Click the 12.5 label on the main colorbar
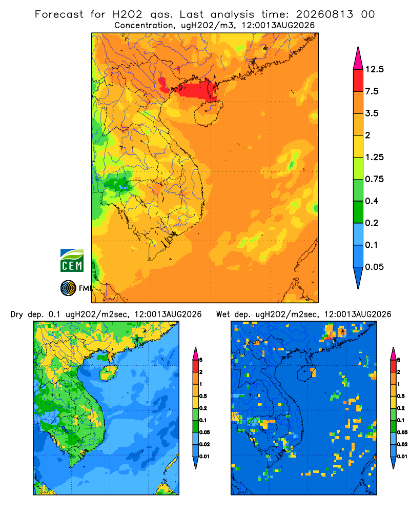coord(374,69)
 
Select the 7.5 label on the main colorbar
coord(372,91)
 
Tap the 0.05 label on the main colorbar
coord(374,267)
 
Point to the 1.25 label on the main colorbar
coord(374,157)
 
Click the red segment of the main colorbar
coord(358,81)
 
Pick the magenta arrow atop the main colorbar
coord(358,58)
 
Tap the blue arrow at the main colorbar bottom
coord(358,278)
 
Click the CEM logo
coord(72,261)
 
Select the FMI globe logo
coord(68,288)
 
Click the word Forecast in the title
coord(59,14)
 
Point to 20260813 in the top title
coord(324,14)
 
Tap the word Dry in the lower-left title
coord(17,315)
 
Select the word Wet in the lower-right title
coord(223,314)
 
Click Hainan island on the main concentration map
coord(209,113)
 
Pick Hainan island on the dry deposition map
coord(108,373)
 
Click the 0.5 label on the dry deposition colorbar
coord(203,396)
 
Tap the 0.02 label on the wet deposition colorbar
coord(402,444)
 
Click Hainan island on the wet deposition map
coord(306,373)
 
